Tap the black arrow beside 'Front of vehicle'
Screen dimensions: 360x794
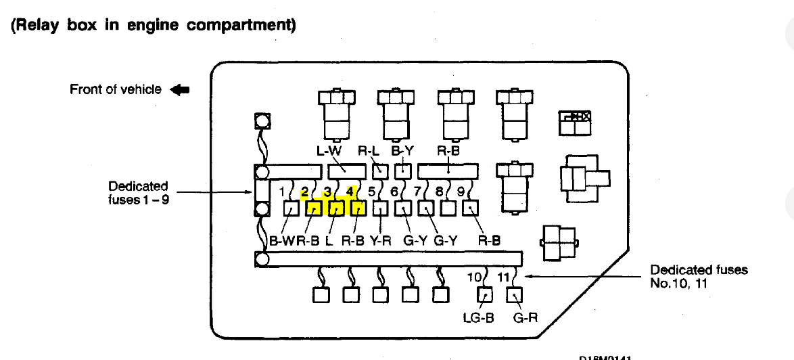(181, 89)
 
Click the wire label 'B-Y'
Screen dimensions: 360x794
(403, 152)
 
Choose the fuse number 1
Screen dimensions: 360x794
(283, 192)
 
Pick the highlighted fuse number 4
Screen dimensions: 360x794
(350, 191)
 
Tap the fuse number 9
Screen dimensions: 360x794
(461, 192)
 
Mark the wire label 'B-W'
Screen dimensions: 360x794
(281, 240)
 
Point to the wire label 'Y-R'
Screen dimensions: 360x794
(380, 240)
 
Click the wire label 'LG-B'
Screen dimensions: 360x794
(478, 316)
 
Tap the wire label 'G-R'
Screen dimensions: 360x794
(525, 316)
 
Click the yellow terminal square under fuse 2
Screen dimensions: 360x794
(314, 208)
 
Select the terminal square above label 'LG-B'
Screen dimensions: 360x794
(485, 295)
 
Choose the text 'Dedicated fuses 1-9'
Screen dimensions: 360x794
(138, 193)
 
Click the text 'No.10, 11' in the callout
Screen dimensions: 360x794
(678, 284)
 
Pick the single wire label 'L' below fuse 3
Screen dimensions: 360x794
(329, 240)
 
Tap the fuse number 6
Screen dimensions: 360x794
(394, 192)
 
